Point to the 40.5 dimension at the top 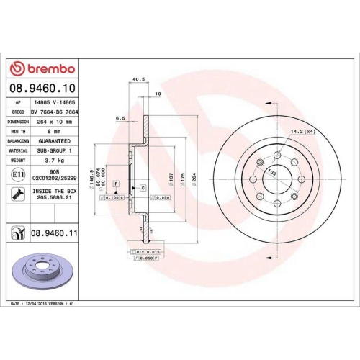(137, 80)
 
